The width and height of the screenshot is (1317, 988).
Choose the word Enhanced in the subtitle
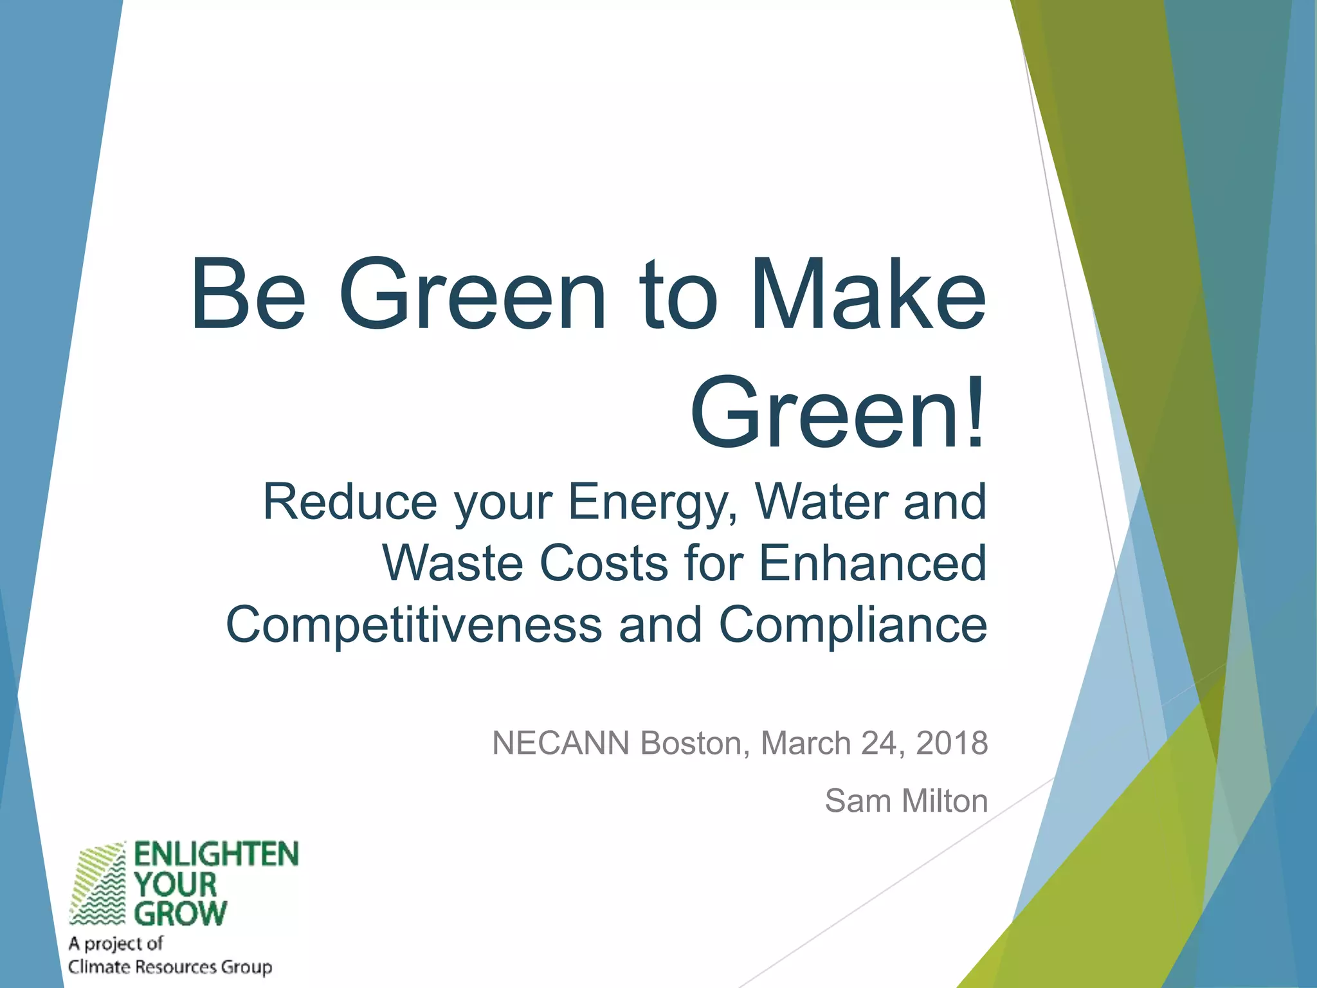(x=873, y=563)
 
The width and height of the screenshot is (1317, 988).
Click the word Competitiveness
(x=413, y=625)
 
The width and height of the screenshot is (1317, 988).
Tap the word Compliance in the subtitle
(x=853, y=625)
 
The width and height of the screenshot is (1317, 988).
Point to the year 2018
(x=952, y=744)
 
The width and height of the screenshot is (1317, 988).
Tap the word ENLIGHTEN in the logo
(x=216, y=855)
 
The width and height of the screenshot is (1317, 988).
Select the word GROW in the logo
(x=181, y=913)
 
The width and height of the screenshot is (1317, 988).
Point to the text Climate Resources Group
(x=170, y=967)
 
